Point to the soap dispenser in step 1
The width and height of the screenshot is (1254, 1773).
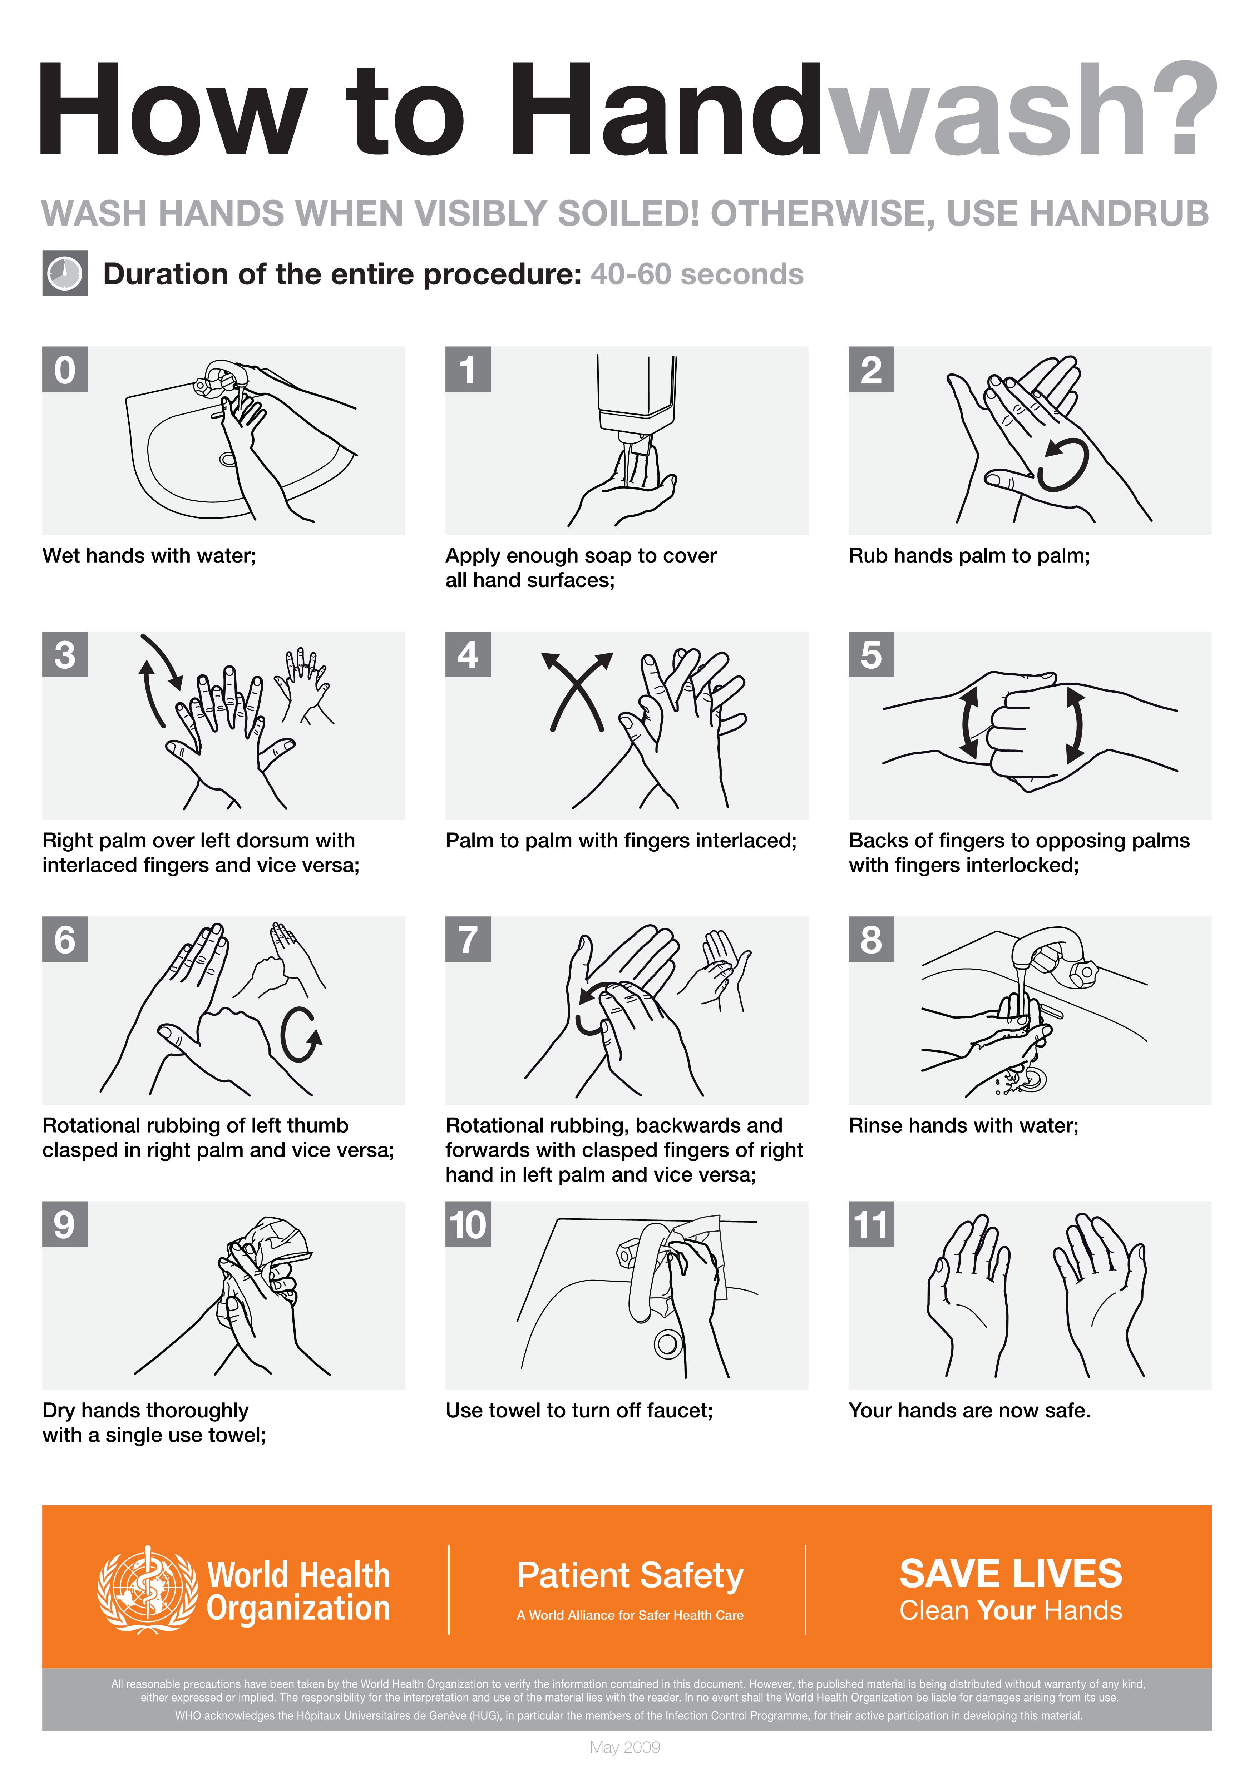(636, 394)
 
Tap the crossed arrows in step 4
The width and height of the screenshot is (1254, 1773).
(577, 691)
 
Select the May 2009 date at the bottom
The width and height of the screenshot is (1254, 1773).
(625, 1747)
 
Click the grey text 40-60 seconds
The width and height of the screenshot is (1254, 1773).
(696, 274)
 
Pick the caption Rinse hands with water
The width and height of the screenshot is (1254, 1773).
(963, 1125)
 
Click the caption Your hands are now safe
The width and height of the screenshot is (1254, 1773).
(969, 1410)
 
